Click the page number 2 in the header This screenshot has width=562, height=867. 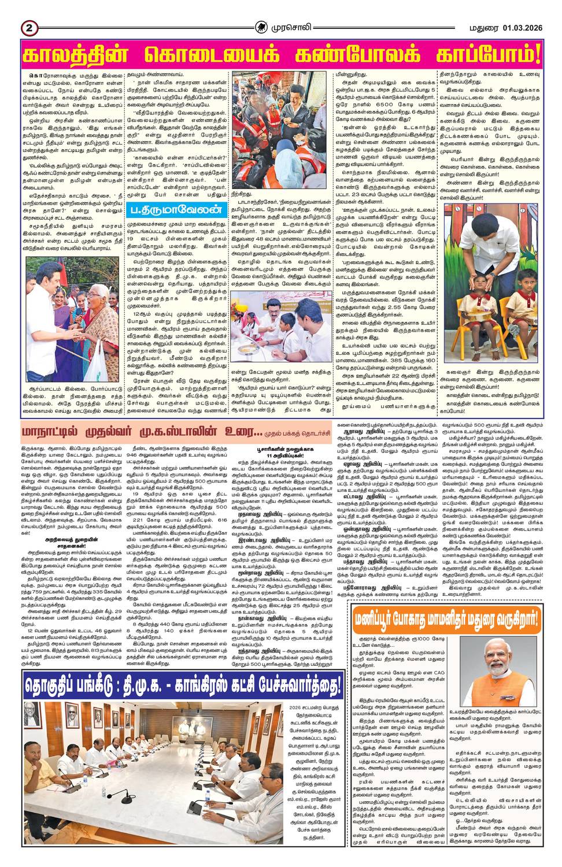pyautogui.click(x=28, y=27)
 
